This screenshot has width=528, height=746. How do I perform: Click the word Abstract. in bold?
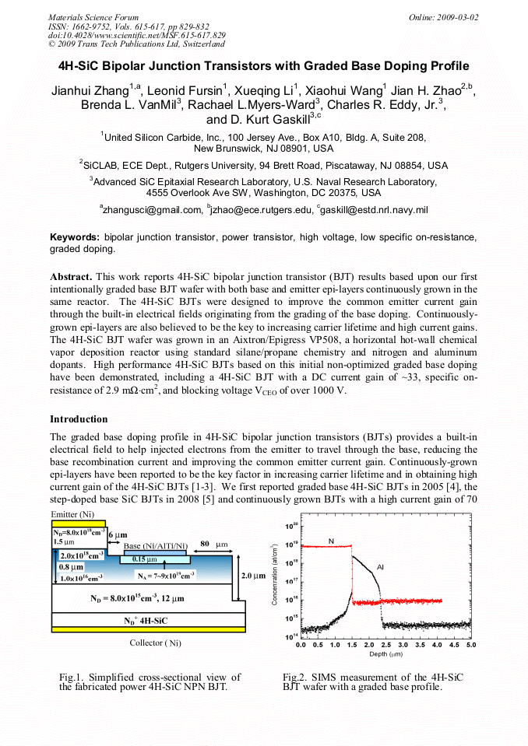click(x=72, y=276)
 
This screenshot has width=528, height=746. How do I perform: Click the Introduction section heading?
click(x=79, y=419)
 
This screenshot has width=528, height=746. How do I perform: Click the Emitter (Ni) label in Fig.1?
click(x=74, y=514)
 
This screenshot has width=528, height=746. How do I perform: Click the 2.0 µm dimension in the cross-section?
click(x=253, y=576)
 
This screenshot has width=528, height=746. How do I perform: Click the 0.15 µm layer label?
click(x=144, y=559)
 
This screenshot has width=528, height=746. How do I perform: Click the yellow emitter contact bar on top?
click(x=78, y=524)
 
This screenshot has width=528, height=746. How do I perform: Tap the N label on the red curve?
click(x=331, y=540)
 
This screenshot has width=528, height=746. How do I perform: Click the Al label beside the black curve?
click(x=380, y=567)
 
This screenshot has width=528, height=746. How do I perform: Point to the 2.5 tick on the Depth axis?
click(x=385, y=645)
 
